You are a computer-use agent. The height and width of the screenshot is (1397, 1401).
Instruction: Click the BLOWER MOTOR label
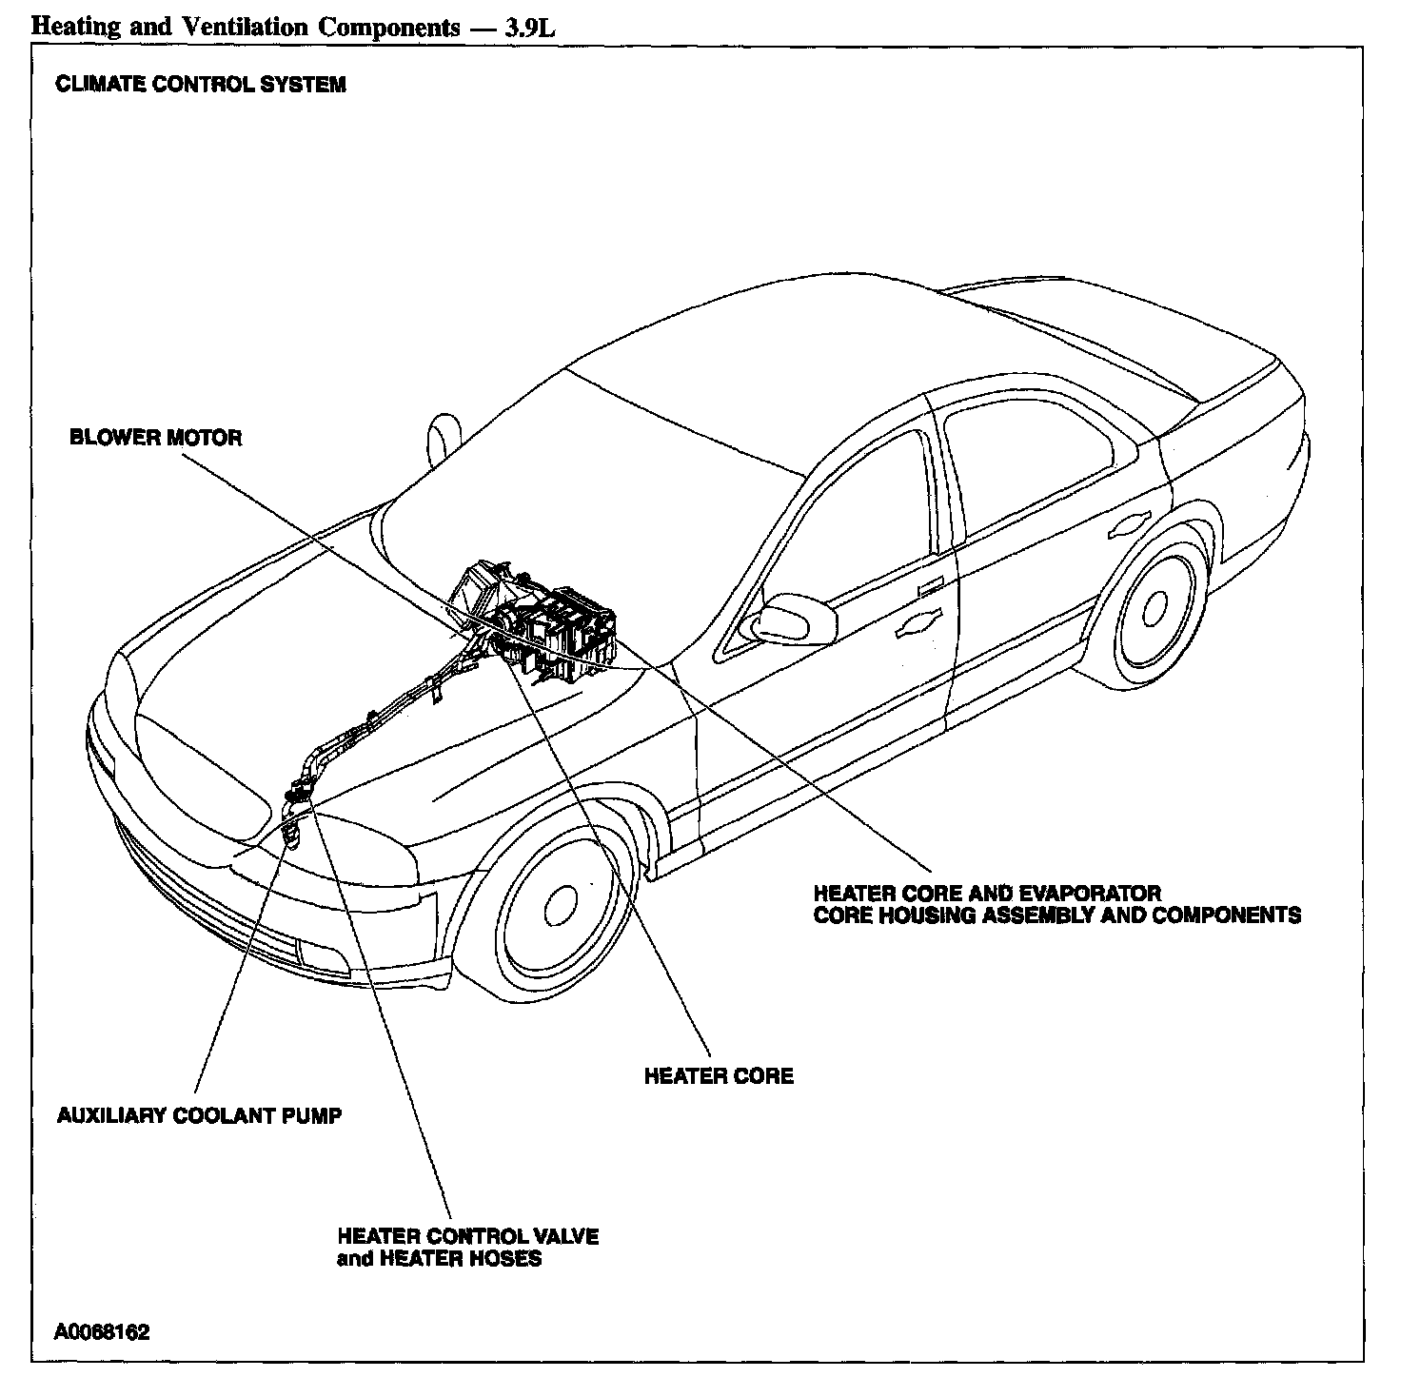click(156, 438)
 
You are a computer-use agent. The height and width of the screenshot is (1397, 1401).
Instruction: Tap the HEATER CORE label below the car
click(719, 1076)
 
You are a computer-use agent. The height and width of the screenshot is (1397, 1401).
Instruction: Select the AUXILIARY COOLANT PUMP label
click(199, 1115)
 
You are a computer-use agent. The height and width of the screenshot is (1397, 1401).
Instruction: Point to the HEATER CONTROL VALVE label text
click(468, 1236)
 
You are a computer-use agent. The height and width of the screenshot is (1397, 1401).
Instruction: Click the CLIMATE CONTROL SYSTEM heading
click(201, 85)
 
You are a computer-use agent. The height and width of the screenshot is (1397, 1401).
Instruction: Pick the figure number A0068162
click(102, 1331)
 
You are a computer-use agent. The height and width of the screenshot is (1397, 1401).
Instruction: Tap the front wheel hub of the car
click(562, 901)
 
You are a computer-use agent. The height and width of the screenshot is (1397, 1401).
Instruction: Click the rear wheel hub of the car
click(1155, 606)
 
